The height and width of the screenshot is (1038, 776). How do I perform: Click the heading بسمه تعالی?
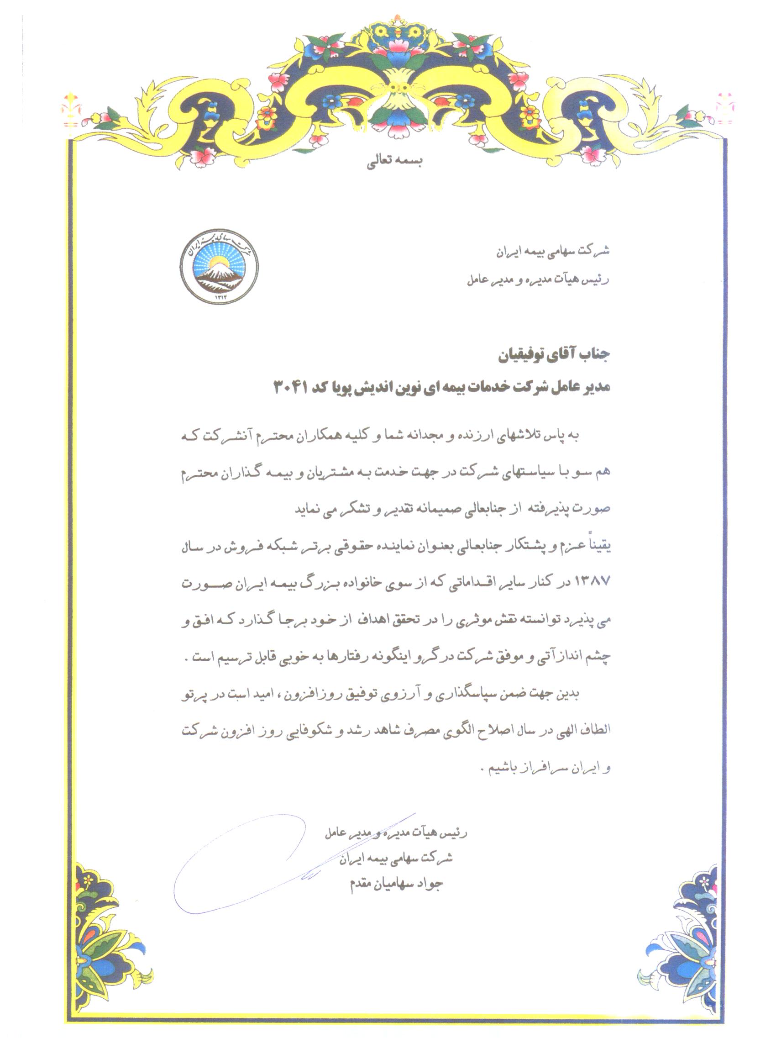point(394,163)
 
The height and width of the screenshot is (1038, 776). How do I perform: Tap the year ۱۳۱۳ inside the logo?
point(220,296)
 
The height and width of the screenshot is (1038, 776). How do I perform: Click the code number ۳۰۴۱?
point(290,388)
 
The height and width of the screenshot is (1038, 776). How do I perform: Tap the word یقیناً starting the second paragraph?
point(596,545)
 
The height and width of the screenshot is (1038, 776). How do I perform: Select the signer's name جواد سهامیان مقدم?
point(397,884)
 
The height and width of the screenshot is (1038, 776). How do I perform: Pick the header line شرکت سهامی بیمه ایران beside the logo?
point(553,251)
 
